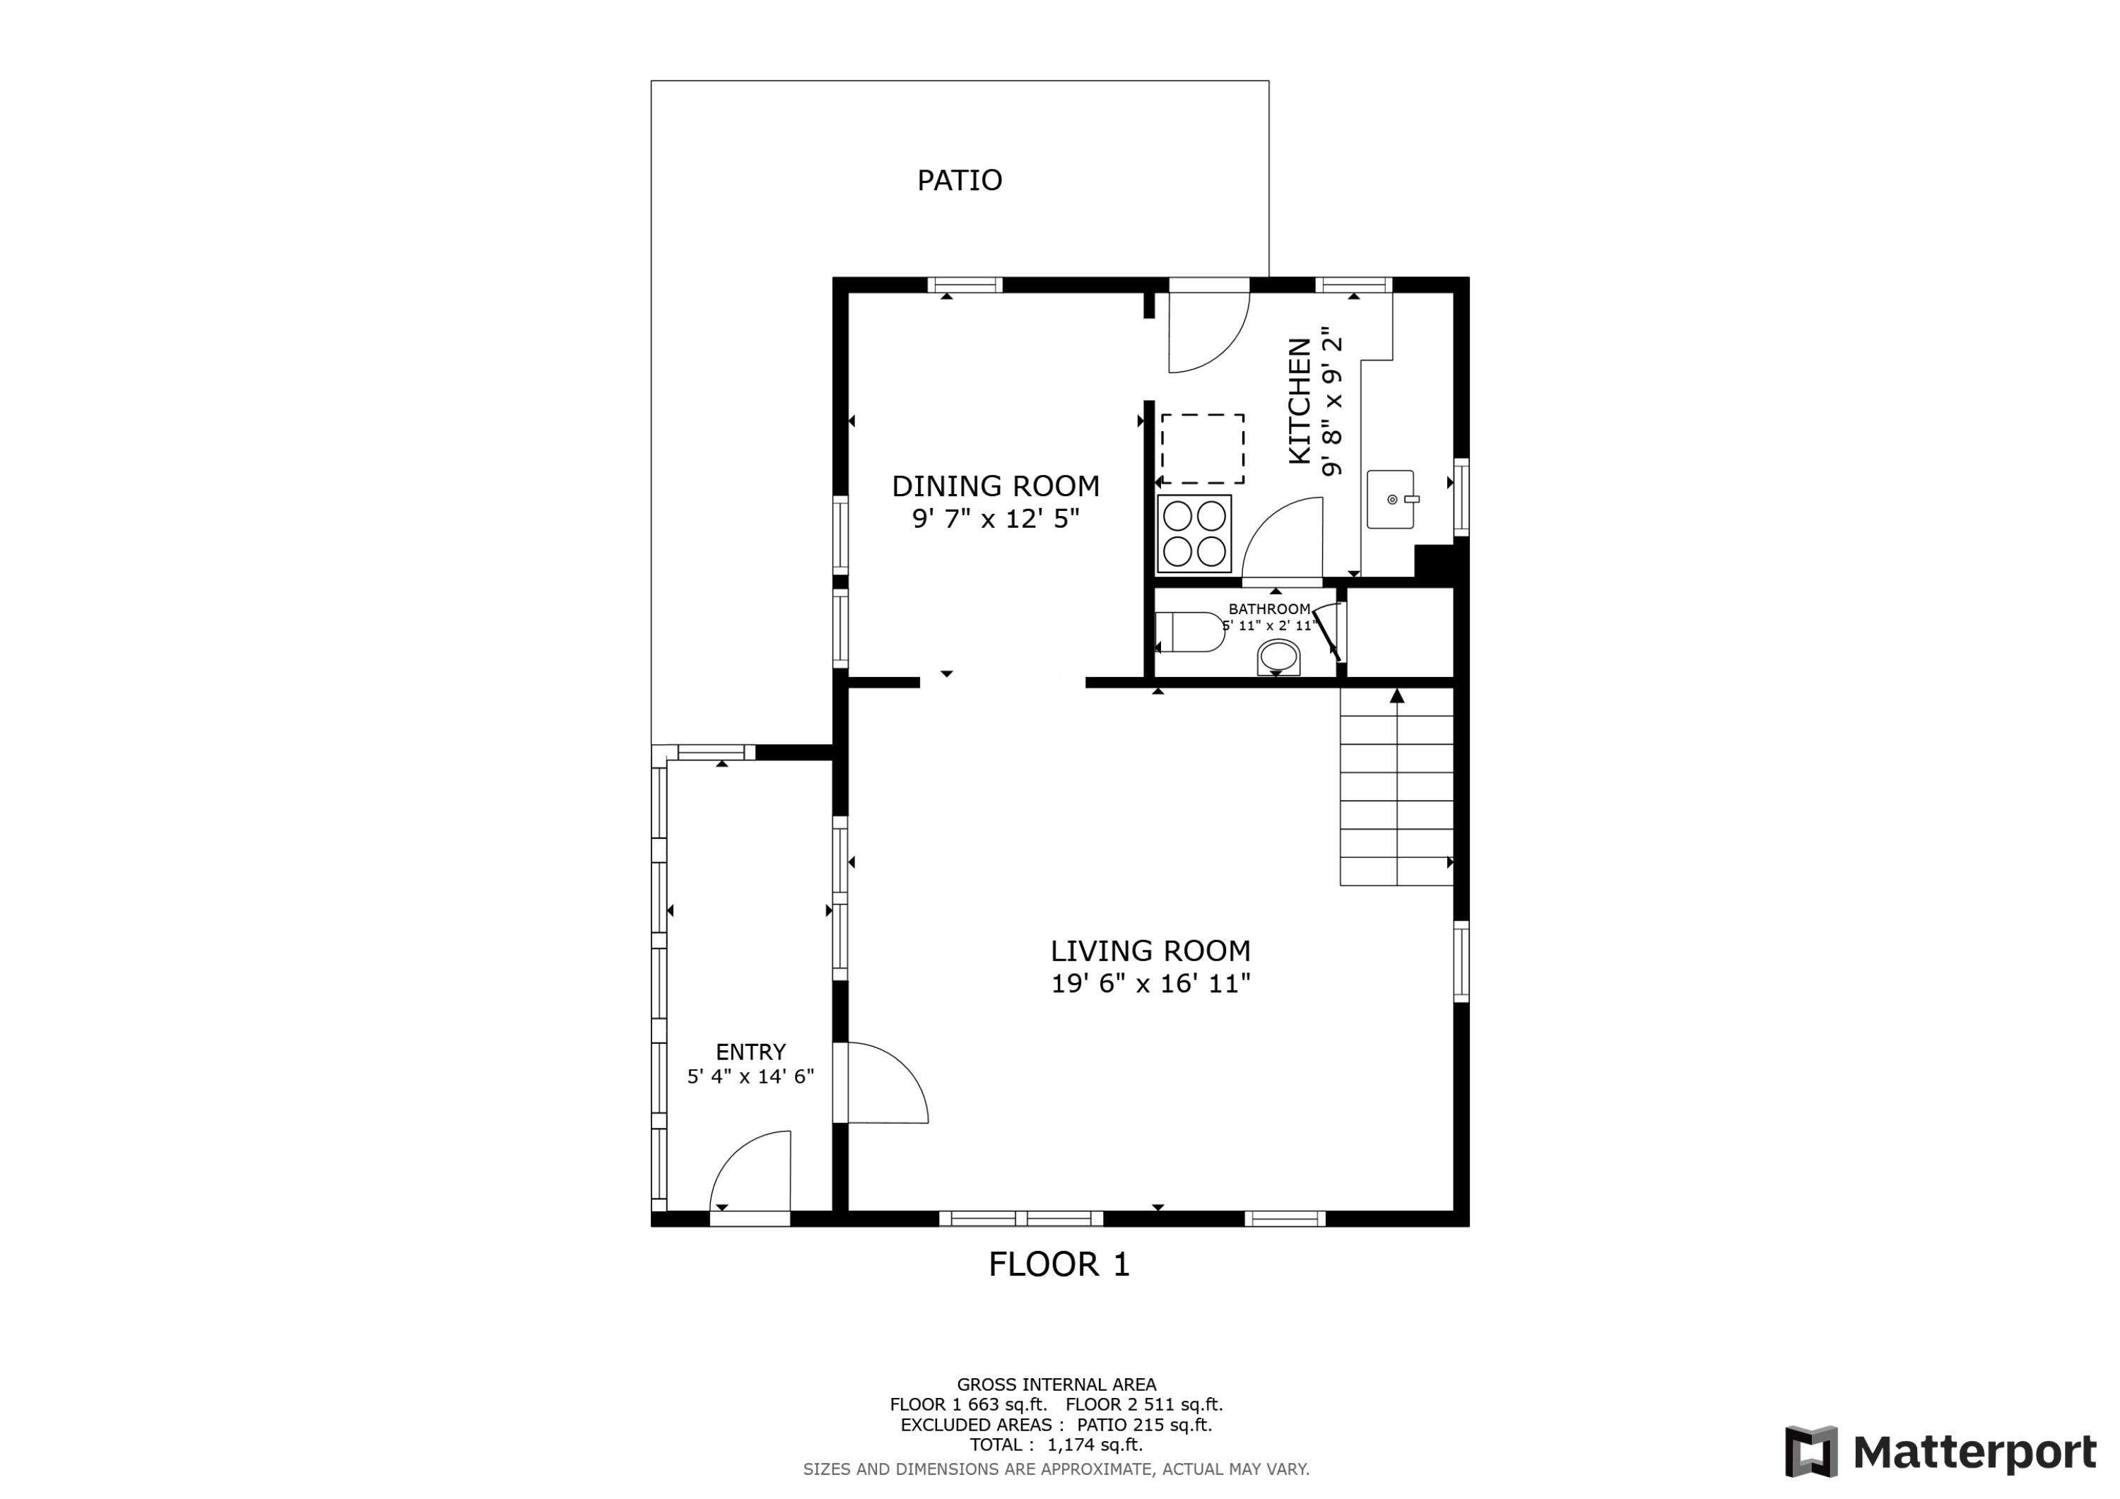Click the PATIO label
[x=960, y=180]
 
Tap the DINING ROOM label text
[x=996, y=486]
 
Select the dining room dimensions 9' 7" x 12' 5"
[x=996, y=519]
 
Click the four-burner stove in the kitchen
[x=1194, y=534]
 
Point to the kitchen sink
[x=1391, y=499]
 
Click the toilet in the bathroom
[x=1189, y=632]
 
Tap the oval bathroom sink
[x=1279, y=657]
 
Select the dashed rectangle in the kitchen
[x=1202, y=449]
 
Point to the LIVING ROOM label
[x=1150, y=951]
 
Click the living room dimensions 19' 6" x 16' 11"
[x=1150, y=984]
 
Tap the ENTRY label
[x=750, y=1052]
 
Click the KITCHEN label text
[x=1299, y=401]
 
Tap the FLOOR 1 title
[x=1059, y=1264]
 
